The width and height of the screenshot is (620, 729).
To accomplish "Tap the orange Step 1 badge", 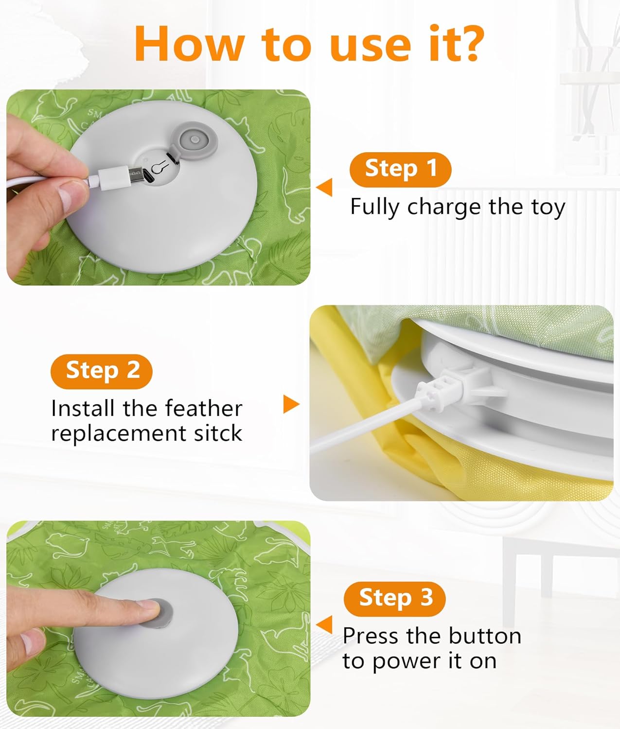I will pos(400,169).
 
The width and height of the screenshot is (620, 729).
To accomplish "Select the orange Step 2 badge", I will pos(102,371).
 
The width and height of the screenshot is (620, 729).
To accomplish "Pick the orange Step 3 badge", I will pos(394,598).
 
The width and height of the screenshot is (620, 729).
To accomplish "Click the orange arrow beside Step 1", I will pos(324,187).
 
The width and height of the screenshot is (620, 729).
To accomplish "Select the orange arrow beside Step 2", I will pos(291,404).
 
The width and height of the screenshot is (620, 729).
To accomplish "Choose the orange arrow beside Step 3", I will pos(324,625).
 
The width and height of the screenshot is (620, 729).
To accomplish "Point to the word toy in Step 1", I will pos(548,208).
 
